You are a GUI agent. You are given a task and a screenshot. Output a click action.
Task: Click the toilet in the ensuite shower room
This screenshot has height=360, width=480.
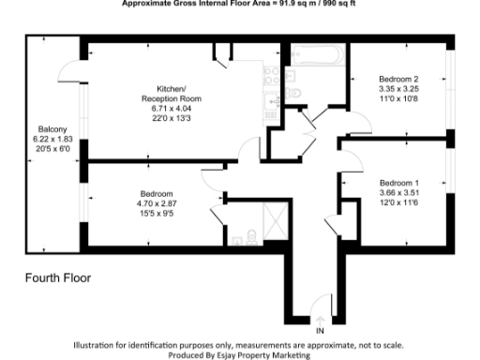point(251,236)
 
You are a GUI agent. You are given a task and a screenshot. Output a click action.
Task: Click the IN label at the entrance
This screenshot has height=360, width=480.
point(320,332)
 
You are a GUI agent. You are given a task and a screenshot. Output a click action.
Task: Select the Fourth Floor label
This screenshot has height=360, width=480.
point(57,278)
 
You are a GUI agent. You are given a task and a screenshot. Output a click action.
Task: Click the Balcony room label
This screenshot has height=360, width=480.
point(52,129)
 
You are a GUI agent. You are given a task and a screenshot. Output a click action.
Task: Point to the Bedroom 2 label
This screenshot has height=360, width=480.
point(398,78)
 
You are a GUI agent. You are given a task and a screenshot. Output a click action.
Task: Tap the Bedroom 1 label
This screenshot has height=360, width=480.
point(398,182)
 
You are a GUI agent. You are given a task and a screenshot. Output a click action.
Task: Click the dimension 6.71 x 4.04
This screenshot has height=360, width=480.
point(172,109)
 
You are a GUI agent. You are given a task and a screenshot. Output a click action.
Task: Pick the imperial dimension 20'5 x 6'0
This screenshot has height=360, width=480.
point(52,150)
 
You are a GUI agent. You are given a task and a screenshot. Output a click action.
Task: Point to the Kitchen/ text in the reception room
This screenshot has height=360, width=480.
point(172,88)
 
